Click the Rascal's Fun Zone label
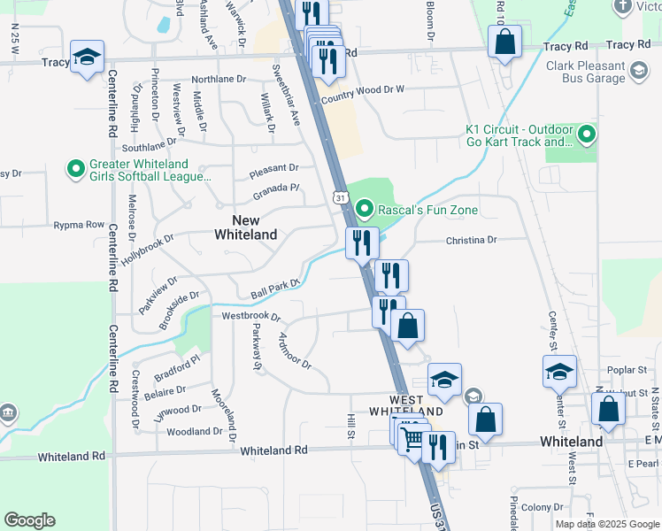pos(427,210)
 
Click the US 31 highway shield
pos(340,196)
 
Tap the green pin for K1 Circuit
pos(588,135)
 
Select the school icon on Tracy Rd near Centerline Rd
pos(88,58)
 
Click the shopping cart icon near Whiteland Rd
pos(412,439)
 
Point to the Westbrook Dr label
pos(250,316)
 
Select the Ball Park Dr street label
pos(275,289)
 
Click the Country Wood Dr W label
pos(362,90)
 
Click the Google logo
pos(29,520)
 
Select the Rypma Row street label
pos(79,225)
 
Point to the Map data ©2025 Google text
pos(607,524)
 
